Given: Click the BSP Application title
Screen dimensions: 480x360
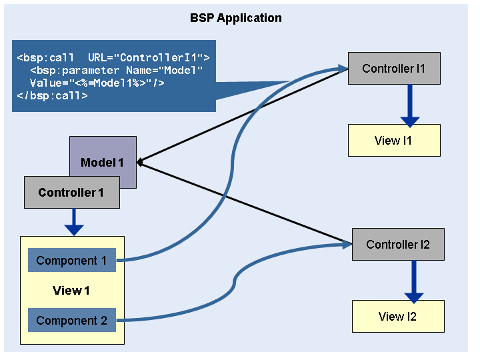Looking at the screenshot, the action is point(236,18).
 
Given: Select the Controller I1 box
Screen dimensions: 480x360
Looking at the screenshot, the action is point(394,68).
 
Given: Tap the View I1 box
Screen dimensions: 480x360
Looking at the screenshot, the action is point(394,141).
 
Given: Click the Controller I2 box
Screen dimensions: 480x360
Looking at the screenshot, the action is point(398,244).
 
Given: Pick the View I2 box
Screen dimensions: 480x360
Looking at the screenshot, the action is point(398,316).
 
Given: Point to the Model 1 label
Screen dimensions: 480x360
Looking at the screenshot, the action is point(102,163).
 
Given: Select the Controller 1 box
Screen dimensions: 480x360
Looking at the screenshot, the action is point(72,192).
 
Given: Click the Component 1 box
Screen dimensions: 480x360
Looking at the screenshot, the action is point(72,260).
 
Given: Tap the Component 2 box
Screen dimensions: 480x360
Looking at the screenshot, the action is point(72,320).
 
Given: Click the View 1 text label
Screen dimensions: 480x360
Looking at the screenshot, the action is point(71,291).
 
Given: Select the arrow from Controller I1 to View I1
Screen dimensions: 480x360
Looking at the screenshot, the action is point(410,106).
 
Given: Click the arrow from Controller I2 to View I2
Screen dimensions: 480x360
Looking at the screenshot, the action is point(414,282).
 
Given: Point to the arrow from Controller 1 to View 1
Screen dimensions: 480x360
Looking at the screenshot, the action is point(74,222).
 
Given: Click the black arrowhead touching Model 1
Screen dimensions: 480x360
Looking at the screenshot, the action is point(139,162).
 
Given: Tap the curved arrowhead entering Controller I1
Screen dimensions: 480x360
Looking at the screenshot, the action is point(343,69).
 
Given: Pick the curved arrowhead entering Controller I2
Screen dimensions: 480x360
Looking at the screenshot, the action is point(347,244).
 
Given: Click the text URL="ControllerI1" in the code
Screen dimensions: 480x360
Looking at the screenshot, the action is point(149,57).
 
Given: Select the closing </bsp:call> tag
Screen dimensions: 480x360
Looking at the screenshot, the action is point(53,96).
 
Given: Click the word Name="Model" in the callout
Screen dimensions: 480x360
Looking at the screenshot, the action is point(165,71).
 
